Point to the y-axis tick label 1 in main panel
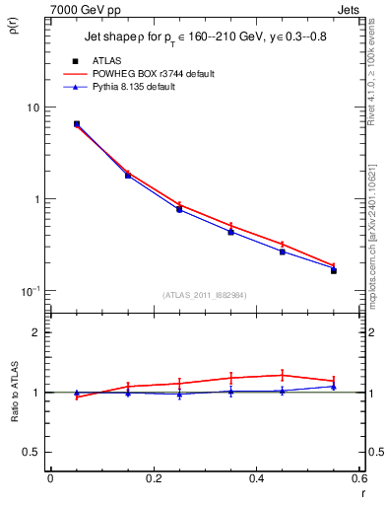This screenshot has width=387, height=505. [x=37, y=199]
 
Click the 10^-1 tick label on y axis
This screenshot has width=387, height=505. [x=32, y=291]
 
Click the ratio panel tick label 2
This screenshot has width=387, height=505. [x=37, y=333]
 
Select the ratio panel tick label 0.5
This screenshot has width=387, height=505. [x=32, y=452]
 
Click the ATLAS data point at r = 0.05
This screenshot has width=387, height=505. [x=77, y=124]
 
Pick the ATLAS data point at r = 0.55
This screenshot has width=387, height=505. [x=334, y=270]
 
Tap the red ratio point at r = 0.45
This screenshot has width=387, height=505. [x=283, y=375]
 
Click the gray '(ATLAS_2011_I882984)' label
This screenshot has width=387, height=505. [x=205, y=294]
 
